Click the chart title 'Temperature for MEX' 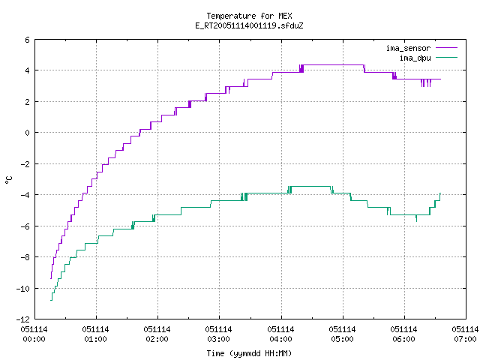click(x=249, y=16)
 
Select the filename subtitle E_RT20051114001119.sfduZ click(x=249, y=25)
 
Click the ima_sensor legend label click(x=408, y=48)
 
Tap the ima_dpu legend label click(x=415, y=58)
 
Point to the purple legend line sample click(x=447, y=48)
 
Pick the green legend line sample click(x=447, y=58)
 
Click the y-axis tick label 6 click(x=28, y=40)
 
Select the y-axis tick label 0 click(x=28, y=133)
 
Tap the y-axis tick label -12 click(x=23, y=319)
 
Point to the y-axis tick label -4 click(x=25, y=195)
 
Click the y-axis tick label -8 click(x=25, y=257)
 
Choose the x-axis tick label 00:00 click(x=34, y=339)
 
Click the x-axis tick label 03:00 click(x=218, y=339)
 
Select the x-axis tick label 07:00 click(x=465, y=339)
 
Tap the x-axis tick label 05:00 click(x=342, y=339)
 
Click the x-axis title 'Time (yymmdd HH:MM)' click(x=249, y=353)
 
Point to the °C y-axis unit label click(x=8, y=180)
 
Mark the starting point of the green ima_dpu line click(x=50, y=300)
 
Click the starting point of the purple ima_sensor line click(x=50, y=278)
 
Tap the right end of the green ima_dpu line click(x=440, y=193)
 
